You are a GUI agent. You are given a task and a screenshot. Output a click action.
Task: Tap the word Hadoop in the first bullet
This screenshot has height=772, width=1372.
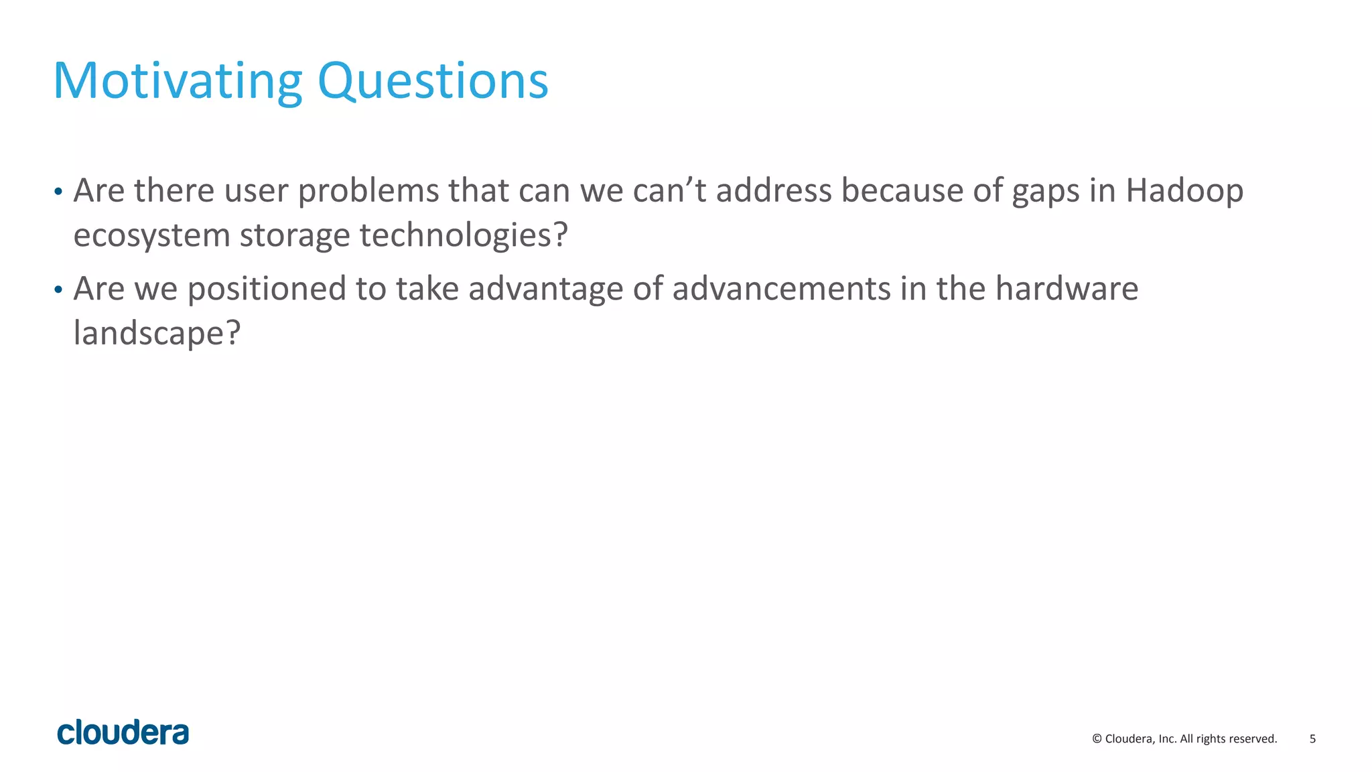click(x=1184, y=190)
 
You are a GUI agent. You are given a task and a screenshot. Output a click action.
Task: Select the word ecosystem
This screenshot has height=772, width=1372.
click(x=151, y=235)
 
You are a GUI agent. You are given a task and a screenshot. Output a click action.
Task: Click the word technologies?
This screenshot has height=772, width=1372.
click(x=464, y=235)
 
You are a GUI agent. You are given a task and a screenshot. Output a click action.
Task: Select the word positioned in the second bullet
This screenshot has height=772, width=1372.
click(x=266, y=289)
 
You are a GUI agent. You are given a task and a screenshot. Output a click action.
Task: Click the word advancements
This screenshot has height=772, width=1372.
click(x=781, y=289)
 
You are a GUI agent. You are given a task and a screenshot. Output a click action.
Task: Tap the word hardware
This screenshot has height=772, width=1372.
click(x=1067, y=289)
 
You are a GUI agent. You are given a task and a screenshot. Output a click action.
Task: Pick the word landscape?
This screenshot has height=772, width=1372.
click(x=157, y=333)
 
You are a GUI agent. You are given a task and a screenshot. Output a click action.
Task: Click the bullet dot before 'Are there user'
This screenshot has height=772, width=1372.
click(x=58, y=192)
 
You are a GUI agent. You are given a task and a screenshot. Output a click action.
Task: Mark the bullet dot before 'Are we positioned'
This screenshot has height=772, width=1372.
click(x=58, y=290)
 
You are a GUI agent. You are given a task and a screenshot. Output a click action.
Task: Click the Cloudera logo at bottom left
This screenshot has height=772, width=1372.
click(x=123, y=732)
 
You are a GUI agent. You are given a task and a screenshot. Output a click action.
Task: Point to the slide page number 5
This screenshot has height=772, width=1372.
click(x=1312, y=739)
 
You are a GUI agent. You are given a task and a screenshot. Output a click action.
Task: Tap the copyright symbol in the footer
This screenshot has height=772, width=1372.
click(x=1097, y=739)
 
